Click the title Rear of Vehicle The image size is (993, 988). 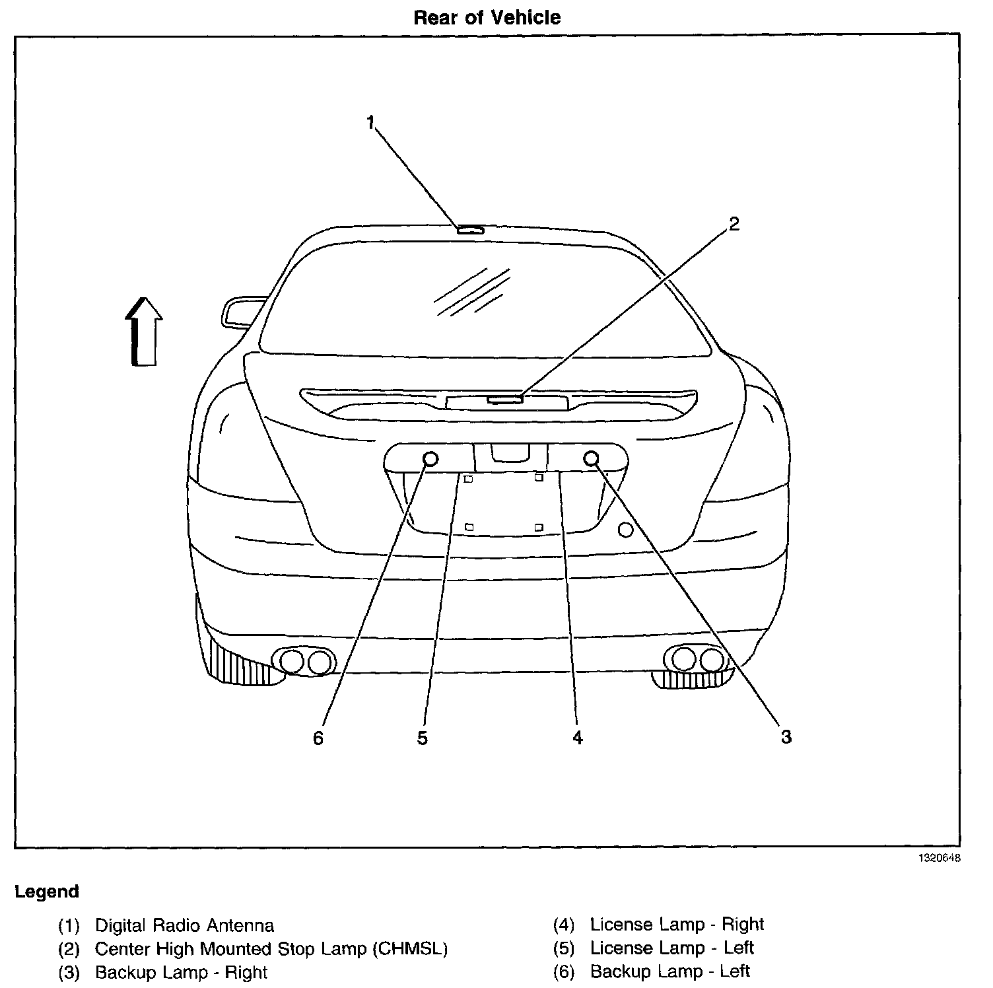[487, 17]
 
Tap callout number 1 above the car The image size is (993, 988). [371, 122]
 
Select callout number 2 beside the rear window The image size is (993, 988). [734, 224]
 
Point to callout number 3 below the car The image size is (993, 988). [786, 736]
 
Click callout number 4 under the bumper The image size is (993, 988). [578, 737]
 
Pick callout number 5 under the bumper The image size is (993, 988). [423, 737]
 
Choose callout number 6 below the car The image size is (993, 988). [318, 737]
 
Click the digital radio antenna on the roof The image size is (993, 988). [470, 230]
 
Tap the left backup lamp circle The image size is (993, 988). [430, 458]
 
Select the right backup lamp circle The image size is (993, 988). [592, 458]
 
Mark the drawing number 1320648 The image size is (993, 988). [938, 859]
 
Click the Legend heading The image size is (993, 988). [47, 892]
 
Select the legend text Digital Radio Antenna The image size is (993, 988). [184, 925]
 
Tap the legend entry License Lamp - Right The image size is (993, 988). [677, 924]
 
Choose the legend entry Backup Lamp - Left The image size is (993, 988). [669, 971]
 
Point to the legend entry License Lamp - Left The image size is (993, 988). [671, 948]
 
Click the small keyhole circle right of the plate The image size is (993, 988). [625, 529]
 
